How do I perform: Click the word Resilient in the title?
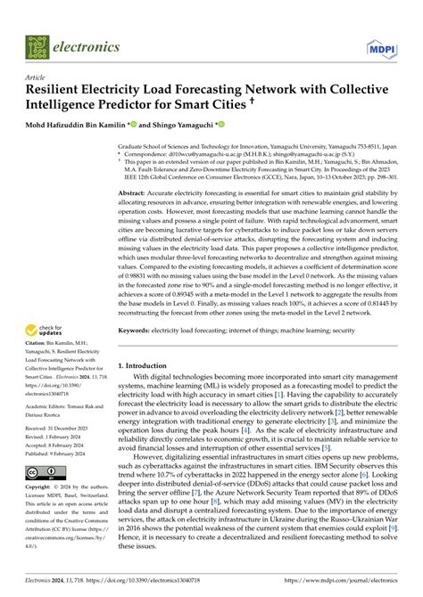pos(61,90)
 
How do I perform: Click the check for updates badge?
pos(46,333)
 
